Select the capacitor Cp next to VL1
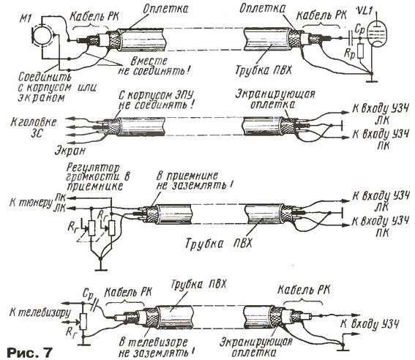coord(351,38)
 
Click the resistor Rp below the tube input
coord(360,51)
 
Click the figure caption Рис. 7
coord(29,352)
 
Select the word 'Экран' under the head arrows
coord(70,151)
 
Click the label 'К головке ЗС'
coord(34,128)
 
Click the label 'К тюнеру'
coord(31,203)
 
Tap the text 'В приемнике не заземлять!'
coord(195,181)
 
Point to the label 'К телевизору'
coord(40,312)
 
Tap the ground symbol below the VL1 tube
coord(372,79)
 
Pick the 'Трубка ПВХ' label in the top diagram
coord(263,70)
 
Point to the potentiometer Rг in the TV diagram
coord(83,321)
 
